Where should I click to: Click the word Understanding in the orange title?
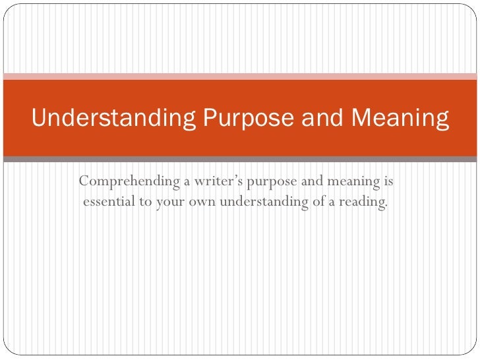pos(113,119)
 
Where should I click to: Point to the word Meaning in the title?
pos(400,119)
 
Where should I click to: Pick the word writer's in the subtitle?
pos(215,181)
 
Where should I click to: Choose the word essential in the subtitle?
pos(108,201)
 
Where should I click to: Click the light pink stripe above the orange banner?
pos(240,76)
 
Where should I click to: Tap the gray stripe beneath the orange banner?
pos(240,159)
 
